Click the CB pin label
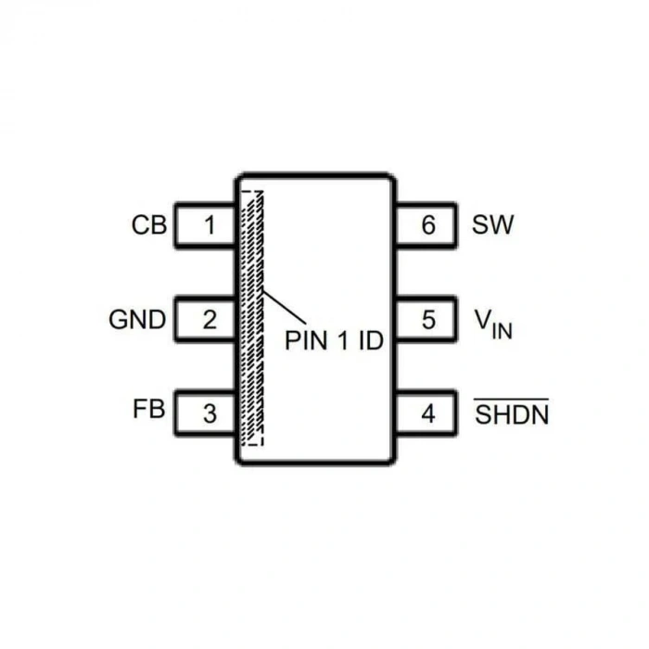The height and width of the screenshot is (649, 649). tap(149, 225)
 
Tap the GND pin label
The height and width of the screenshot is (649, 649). tap(137, 320)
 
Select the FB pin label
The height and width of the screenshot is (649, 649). tap(149, 409)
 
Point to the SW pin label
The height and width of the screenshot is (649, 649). tap(492, 224)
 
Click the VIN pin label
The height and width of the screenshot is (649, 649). tap(493, 324)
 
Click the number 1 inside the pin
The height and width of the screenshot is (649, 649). tap(210, 225)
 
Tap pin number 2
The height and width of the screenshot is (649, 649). tap(210, 320)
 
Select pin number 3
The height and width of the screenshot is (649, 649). tap(210, 414)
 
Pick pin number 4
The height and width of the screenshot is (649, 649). tap(428, 414)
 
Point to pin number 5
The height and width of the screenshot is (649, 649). tap(428, 320)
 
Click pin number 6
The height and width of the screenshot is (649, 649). tap(428, 225)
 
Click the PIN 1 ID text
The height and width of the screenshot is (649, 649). tap(334, 340)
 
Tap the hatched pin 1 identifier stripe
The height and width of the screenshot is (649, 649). tap(252, 319)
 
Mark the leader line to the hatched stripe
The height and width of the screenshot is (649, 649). tap(285, 307)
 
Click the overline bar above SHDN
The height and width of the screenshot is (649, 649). tap(512, 400)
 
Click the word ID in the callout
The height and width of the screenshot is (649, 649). tap(371, 340)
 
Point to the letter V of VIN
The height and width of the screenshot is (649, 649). tap(483, 320)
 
